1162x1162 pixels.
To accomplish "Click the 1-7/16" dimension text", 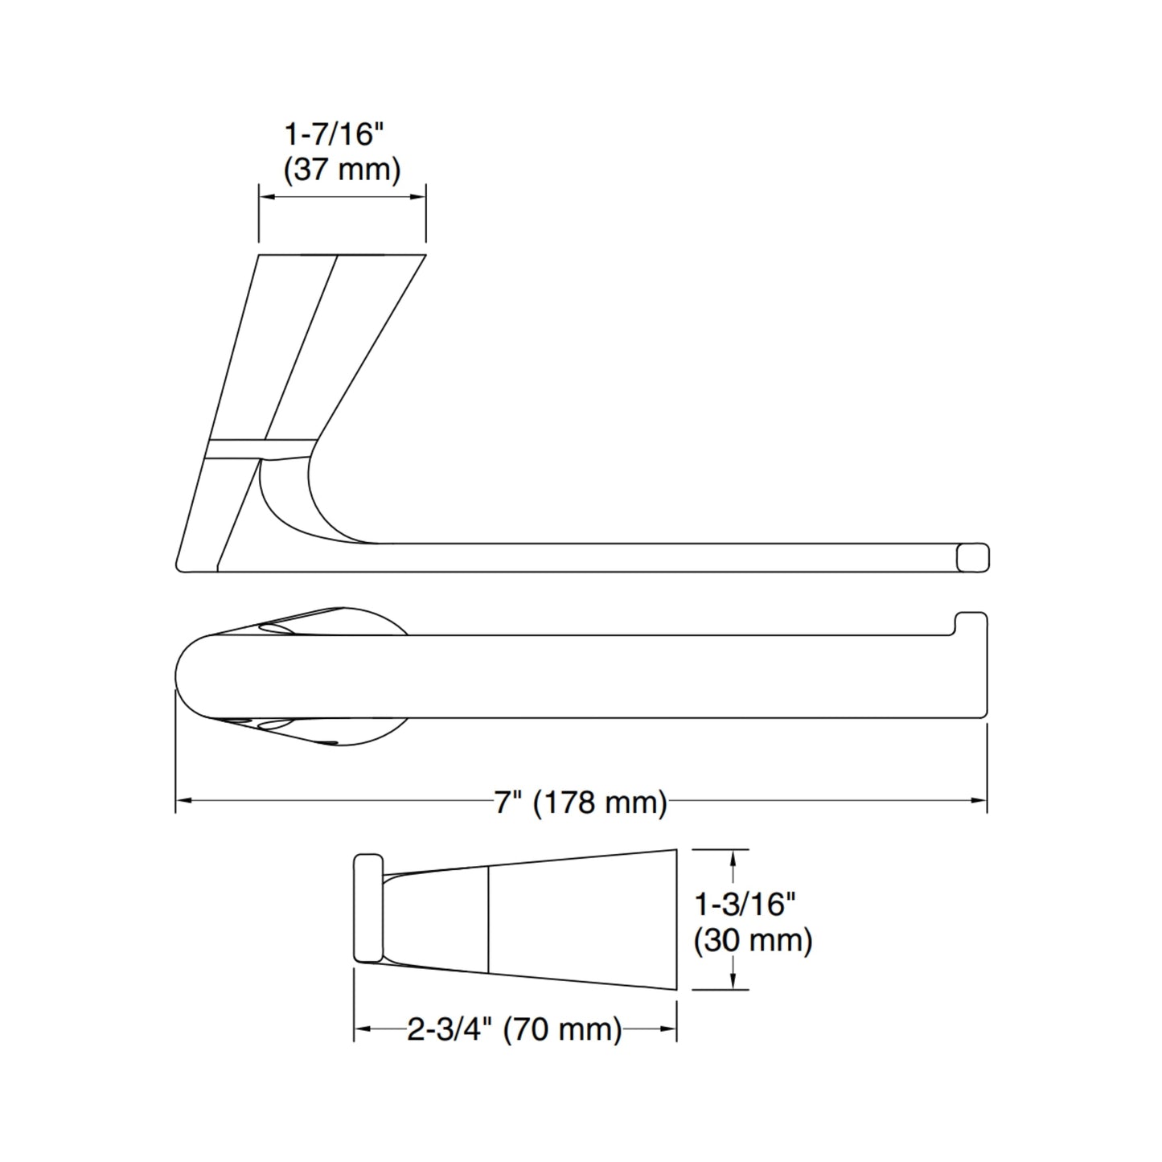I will pos(331,134).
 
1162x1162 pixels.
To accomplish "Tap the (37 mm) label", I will pos(342,170).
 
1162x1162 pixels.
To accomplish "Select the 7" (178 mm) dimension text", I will pos(581,802).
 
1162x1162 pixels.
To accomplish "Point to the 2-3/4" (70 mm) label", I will pos(515,1029).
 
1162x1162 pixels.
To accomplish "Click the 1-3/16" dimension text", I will pos(745,905).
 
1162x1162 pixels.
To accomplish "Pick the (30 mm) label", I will pos(753,940).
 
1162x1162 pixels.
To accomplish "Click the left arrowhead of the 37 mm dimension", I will pos(265,196).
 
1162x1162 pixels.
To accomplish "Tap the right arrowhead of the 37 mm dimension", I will pos(419,196).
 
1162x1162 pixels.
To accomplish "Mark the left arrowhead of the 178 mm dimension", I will pos(183,800).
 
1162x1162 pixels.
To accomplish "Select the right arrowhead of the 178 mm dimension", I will pos(979,800).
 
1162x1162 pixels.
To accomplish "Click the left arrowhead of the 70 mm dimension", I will pos(361,1029).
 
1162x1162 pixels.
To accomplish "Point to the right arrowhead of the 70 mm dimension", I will pos(669,1029).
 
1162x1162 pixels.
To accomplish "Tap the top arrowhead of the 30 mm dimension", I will pos(732,856).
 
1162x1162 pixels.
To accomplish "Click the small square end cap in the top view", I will pos(971,557).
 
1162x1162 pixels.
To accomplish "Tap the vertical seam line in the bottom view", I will pos(489,919).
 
